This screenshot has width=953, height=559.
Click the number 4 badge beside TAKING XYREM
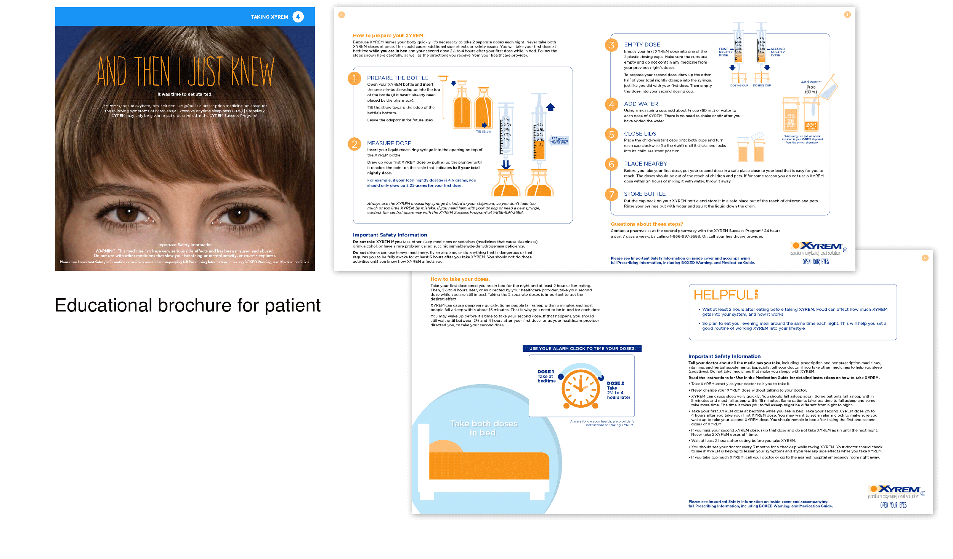tap(298, 17)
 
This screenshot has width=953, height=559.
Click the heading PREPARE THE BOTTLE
tap(398, 78)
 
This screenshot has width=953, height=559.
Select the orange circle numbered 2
tap(354, 144)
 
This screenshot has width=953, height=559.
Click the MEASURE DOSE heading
tap(389, 143)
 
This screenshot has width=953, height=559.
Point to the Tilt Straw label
tap(483, 132)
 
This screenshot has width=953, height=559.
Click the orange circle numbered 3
tap(611, 45)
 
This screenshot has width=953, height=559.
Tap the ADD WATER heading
tap(641, 104)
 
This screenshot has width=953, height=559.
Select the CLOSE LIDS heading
tap(640, 134)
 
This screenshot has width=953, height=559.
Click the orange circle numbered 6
tap(611, 164)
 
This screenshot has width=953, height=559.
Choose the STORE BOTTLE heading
tap(645, 194)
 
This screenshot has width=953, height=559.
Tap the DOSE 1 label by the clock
tap(545, 372)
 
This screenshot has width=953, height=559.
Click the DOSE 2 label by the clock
tap(615, 383)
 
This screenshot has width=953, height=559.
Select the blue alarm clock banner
tap(582, 348)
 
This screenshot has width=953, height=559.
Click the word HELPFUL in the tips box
tap(723, 295)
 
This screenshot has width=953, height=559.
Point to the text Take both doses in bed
tap(483, 428)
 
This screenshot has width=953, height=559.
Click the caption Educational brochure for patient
tap(188, 305)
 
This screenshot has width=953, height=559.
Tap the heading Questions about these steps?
tap(647, 224)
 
